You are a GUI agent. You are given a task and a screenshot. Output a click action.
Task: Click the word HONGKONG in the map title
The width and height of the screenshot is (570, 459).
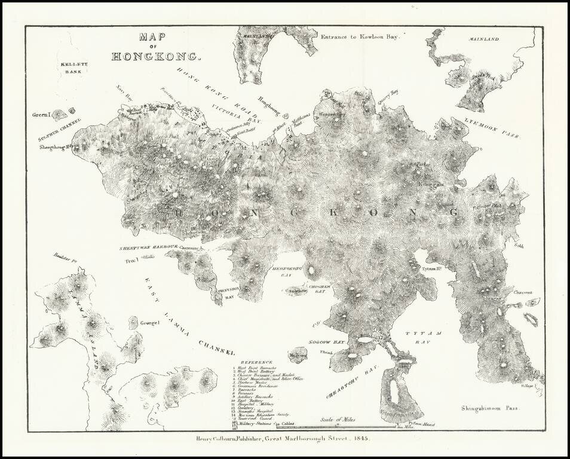tap(157, 57)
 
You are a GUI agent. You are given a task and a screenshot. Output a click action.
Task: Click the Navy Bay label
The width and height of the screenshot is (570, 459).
tap(124, 91)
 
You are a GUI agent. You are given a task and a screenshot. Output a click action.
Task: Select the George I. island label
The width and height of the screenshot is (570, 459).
tap(149, 323)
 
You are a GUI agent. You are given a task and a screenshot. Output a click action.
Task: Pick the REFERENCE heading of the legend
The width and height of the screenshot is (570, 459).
tap(256, 362)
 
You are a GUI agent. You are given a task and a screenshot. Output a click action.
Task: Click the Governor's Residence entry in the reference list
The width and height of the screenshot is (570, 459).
tap(258, 387)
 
